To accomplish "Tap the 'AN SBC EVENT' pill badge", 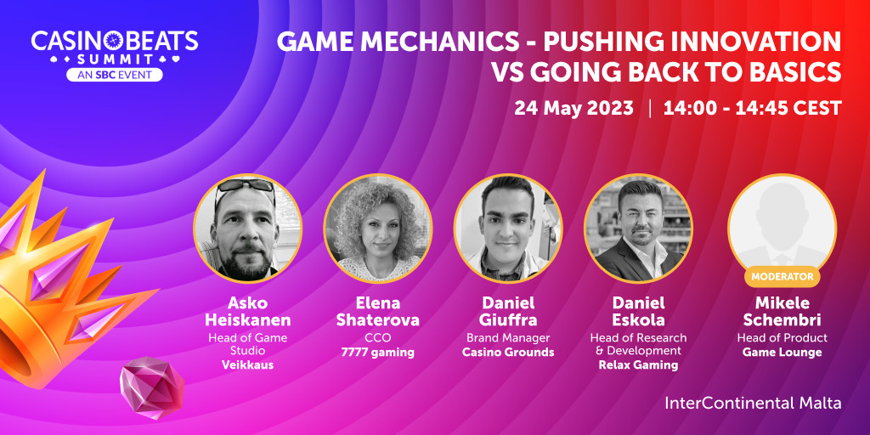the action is (115, 75).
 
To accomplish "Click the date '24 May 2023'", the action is (573, 108).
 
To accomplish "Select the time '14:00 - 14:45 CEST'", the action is (753, 108).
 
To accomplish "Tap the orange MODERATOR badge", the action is (782, 276).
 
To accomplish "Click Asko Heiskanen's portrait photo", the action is (247, 228).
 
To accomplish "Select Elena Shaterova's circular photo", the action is (378, 228).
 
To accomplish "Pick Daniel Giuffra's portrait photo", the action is (508, 228).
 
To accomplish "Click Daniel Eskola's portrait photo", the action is (638, 228).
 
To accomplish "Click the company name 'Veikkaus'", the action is (247, 365).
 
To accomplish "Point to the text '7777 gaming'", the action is (378, 353).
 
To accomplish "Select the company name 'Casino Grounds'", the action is (508, 353).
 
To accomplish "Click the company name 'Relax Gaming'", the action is (638, 365).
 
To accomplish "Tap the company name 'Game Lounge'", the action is (782, 353).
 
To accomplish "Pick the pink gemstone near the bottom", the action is (151, 387).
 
